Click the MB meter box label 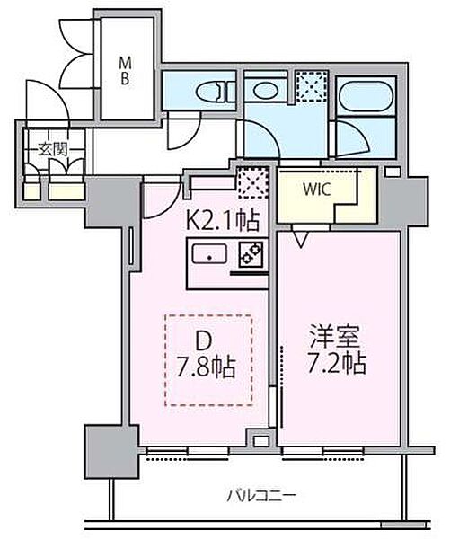pos(125,71)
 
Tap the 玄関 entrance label pos(52,149)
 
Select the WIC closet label pos(316,189)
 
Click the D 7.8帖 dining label pos(207,354)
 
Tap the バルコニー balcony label pos(261,496)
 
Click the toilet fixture pos(215,92)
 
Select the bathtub pos(366,96)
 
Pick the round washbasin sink pos(265,91)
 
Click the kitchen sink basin pos(209,253)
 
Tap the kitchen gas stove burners pos(251,255)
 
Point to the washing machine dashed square pos(312,86)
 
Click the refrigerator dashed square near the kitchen pos(253,182)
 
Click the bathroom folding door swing pos(351,137)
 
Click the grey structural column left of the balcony pos(111,452)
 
